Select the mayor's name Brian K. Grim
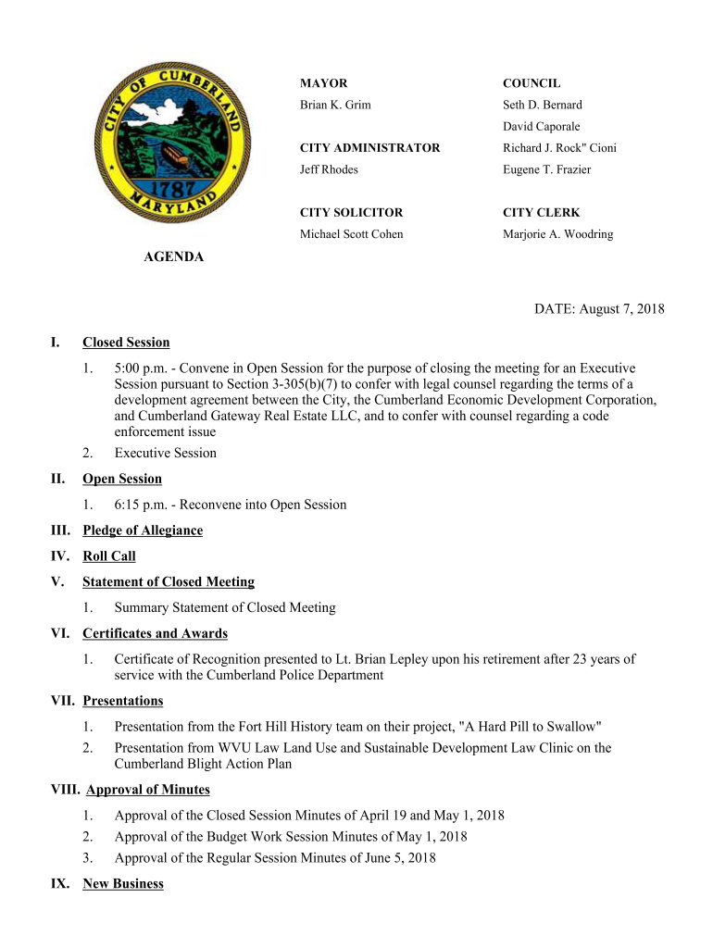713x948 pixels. [335, 106]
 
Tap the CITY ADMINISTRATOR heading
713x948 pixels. [369, 148]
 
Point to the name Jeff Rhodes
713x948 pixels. [329, 169]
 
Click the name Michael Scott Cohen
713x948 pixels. [351, 234]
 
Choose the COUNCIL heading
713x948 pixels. [532, 83]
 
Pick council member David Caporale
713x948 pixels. [542, 127]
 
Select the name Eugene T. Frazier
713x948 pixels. [546, 169]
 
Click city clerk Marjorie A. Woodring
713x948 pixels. [557, 234]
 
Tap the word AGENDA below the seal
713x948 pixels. [173, 256]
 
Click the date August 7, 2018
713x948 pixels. [622, 309]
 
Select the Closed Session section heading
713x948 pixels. [126, 343]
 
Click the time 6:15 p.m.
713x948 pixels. [141, 505]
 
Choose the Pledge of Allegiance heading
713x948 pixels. [143, 530]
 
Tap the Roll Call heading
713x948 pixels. [109, 556]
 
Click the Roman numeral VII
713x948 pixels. [63, 701]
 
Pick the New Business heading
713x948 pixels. [123, 884]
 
